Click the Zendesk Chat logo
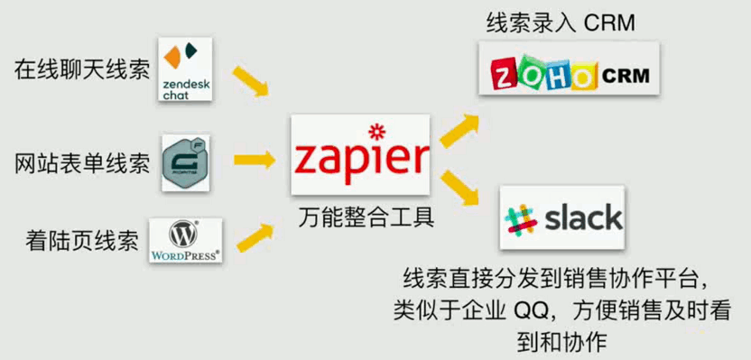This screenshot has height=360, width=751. pyautogui.click(x=185, y=69)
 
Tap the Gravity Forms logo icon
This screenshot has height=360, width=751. pyautogui.click(x=186, y=163)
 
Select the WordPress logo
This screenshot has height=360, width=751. pyautogui.click(x=185, y=241)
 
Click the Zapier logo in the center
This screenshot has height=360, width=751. pyautogui.click(x=359, y=155)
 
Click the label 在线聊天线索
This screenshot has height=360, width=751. pyautogui.click(x=82, y=69)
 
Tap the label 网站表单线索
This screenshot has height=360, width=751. pyautogui.click(x=82, y=163)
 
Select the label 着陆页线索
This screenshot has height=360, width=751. pyautogui.click(x=82, y=241)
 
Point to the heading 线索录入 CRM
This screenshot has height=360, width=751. pyautogui.click(x=561, y=23)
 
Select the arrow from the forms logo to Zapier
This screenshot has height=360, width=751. pyautogui.click(x=255, y=161)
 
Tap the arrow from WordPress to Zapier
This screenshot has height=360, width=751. pyautogui.click(x=255, y=233)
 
